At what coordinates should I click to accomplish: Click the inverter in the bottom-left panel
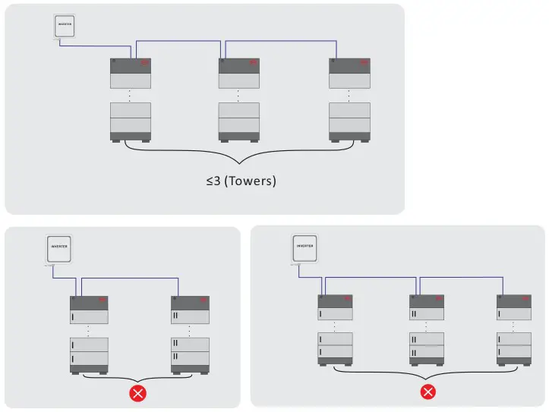(x=58, y=250)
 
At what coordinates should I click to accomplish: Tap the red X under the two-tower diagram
(x=138, y=392)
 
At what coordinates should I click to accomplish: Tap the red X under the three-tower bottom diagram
(x=428, y=391)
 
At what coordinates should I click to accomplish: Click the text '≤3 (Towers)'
(x=239, y=182)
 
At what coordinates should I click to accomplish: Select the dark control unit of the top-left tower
(x=131, y=65)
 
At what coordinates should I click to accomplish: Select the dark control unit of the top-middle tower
(x=239, y=65)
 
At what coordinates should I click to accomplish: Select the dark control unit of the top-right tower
(x=349, y=65)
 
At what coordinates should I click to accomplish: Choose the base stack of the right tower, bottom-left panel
(x=190, y=353)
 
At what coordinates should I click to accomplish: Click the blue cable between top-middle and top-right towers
(x=281, y=40)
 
